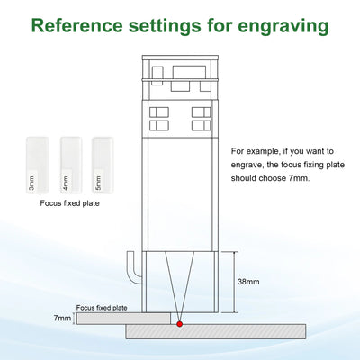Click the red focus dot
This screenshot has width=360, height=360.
tap(180, 324)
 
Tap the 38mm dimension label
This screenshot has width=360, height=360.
tap(248, 282)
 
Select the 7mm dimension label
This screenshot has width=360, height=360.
tap(62, 318)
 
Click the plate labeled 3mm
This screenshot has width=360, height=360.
tap(37, 165)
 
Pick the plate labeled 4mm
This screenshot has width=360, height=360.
tap(71, 165)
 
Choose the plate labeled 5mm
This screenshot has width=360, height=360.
tap(103, 165)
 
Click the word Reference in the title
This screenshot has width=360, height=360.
tap(76, 25)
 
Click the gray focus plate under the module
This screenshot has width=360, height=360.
tap(123, 319)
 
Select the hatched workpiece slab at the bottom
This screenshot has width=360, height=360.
tap(216, 331)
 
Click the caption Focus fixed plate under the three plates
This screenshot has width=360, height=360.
tap(70, 203)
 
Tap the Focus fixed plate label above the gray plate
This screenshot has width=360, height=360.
tap(102, 308)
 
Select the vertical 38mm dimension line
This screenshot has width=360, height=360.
tap(234, 282)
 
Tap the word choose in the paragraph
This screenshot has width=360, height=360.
tap(273, 178)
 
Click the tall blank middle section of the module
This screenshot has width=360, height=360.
tap(180, 193)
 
